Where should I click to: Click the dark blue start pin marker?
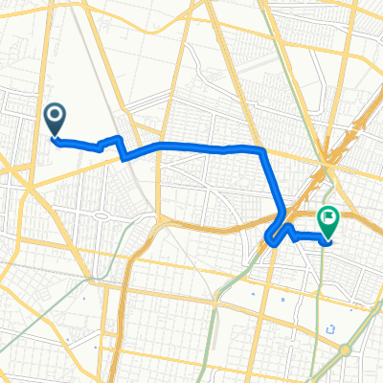[55, 119]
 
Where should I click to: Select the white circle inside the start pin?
[55, 115]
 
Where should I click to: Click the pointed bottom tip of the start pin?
[55, 136]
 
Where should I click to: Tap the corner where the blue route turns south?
[261, 150]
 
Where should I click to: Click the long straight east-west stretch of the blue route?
[191, 146]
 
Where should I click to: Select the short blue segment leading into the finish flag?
[311, 237]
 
